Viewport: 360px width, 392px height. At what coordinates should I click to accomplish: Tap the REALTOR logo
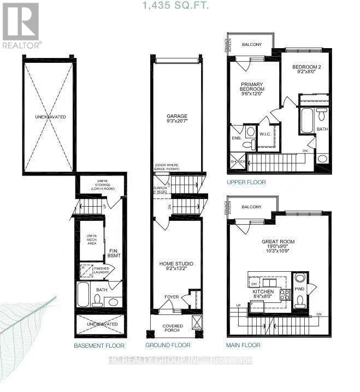(x=21, y=25)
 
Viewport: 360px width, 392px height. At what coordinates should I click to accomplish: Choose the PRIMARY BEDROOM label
(x=252, y=87)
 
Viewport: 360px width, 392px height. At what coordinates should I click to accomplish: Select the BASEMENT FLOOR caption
(x=99, y=346)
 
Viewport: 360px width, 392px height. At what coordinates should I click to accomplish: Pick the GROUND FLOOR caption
(x=168, y=346)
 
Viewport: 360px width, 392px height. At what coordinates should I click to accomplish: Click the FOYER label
(x=172, y=297)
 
